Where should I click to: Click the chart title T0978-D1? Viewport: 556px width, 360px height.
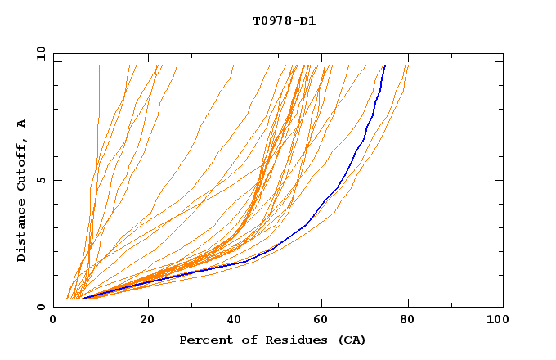click(284, 20)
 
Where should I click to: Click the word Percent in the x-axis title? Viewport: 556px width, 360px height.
click(204, 340)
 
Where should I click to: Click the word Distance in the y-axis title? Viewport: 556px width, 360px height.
click(22, 230)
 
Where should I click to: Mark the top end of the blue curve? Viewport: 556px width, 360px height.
click(384, 66)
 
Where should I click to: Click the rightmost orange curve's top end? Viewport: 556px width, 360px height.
click(407, 66)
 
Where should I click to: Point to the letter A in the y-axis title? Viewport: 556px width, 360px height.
click(22, 123)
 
